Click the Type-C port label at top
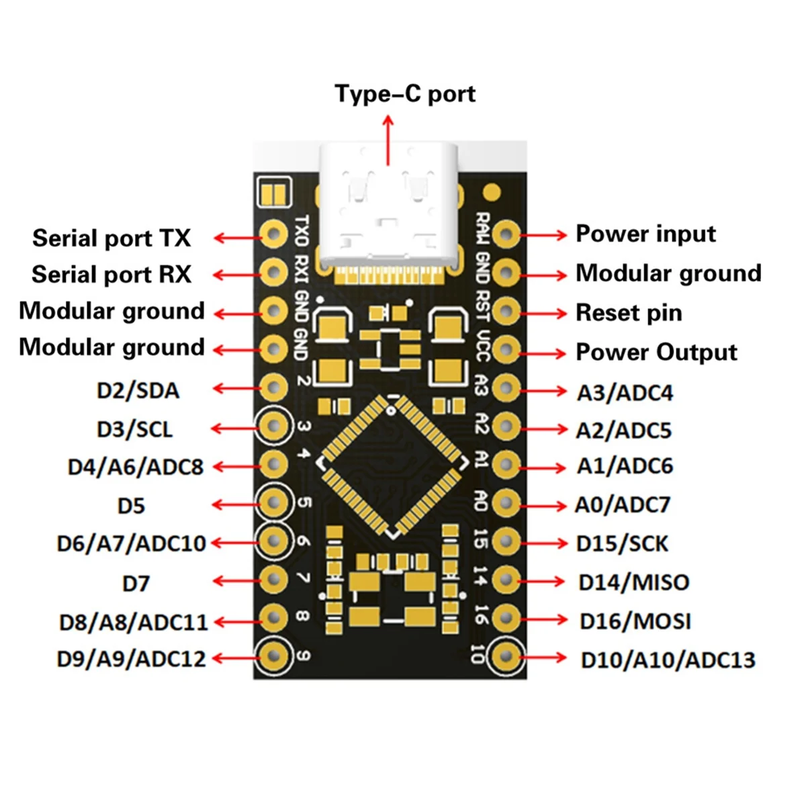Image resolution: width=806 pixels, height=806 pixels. click(x=405, y=94)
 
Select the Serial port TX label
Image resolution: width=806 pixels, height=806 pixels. click(x=111, y=238)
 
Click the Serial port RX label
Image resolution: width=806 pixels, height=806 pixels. click(x=111, y=275)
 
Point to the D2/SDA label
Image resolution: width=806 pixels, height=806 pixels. click(x=138, y=391)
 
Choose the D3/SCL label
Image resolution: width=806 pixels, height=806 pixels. click(x=134, y=429)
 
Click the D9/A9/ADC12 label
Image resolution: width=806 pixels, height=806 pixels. click(x=131, y=660)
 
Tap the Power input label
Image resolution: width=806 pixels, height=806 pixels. click(x=645, y=234)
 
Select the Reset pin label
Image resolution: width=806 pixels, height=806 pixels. click(x=629, y=313)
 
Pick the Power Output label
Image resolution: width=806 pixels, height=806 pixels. click(x=656, y=353)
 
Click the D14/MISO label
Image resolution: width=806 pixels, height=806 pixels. click(x=634, y=582)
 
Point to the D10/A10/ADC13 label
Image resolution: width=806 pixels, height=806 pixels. click(x=668, y=660)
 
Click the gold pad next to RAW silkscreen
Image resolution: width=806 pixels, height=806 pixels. click(x=506, y=234)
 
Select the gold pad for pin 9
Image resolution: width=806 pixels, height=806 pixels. click(x=274, y=655)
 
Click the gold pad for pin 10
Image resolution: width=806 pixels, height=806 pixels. click(x=506, y=656)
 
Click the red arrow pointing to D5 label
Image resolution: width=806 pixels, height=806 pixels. click(x=235, y=504)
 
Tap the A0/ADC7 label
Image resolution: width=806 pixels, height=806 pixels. click(x=623, y=505)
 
